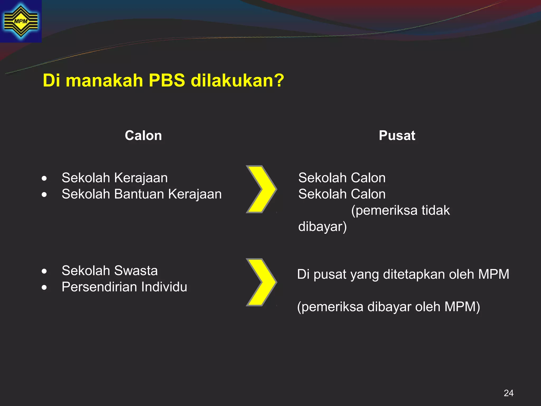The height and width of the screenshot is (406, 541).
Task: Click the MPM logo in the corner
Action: [21, 21]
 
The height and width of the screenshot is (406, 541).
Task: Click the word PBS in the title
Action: [167, 80]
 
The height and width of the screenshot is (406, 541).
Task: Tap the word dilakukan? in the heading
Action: [237, 80]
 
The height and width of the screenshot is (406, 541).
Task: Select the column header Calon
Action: [143, 136]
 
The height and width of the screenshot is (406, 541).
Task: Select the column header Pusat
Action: [397, 136]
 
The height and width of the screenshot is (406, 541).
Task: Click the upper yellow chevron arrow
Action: [261, 189]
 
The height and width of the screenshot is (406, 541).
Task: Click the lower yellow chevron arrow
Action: [261, 282]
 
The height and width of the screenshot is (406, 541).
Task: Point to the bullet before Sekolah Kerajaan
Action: [44, 178]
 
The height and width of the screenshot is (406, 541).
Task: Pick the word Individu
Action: [164, 287]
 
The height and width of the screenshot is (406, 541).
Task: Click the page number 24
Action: [509, 393]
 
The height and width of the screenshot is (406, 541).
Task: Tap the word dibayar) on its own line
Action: [322, 227]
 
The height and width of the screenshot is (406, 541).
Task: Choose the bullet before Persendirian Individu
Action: [44, 288]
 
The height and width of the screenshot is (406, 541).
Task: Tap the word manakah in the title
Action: [104, 80]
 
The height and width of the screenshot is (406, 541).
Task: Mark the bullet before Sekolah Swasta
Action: [44, 271]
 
